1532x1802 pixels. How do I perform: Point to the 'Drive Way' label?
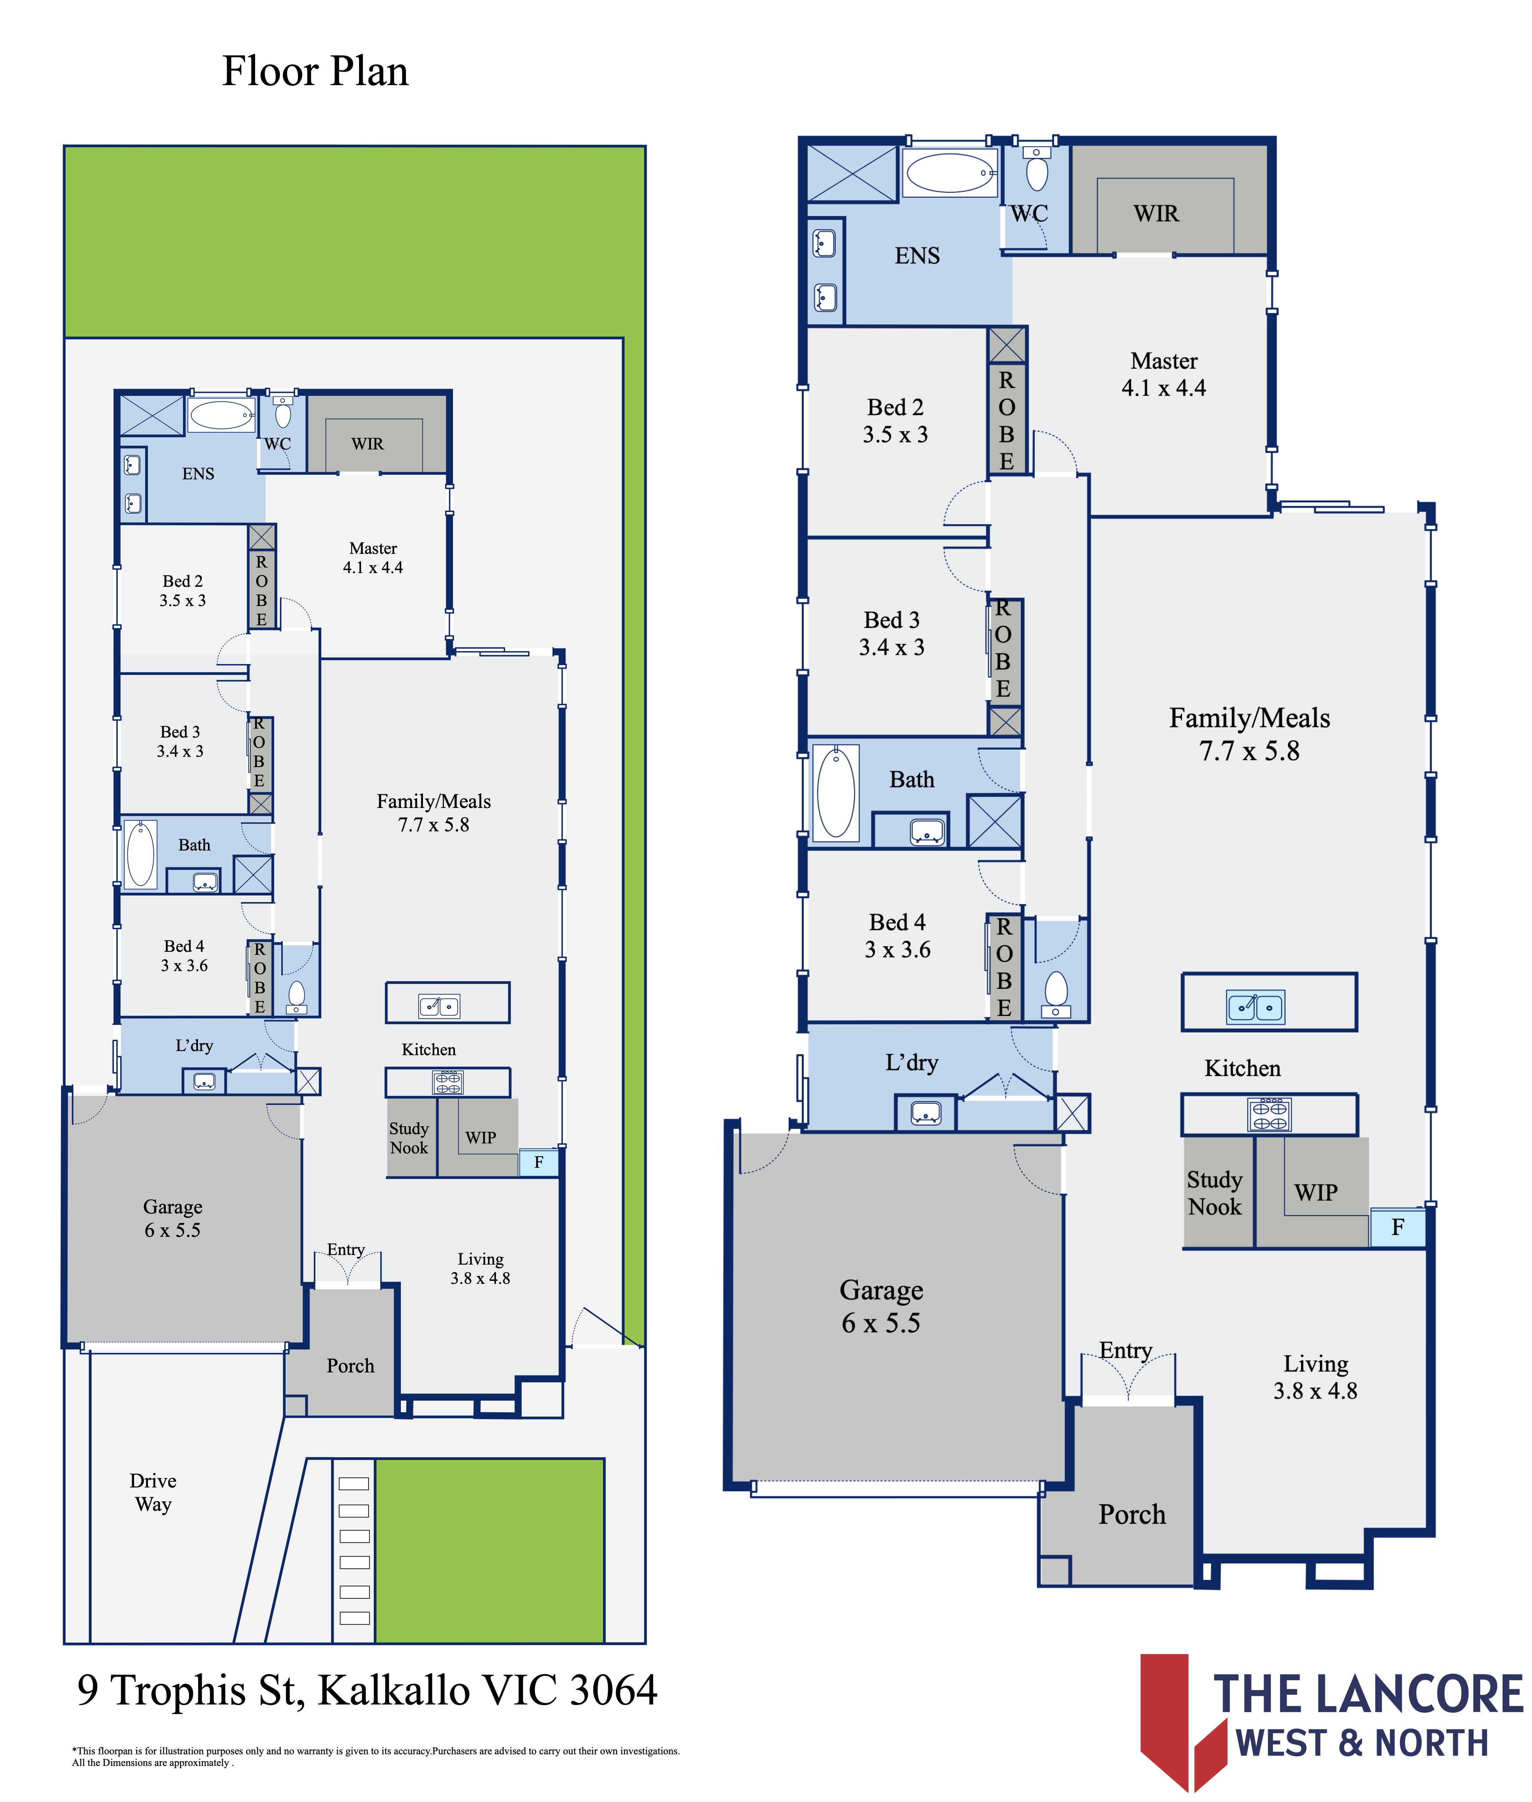pyautogui.click(x=153, y=1493)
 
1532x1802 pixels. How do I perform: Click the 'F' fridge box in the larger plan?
pyautogui.click(x=1397, y=1228)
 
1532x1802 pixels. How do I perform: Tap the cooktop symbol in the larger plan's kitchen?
pyautogui.click(x=1270, y=1115)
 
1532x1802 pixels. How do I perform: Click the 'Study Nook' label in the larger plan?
pyautogui.click(x=1215, y=1193)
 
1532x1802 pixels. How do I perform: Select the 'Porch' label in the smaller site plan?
pyautogui.click(x=350, y=1366)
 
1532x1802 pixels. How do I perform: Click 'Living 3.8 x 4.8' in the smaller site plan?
pyautogui.click(x=480, y=1268)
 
